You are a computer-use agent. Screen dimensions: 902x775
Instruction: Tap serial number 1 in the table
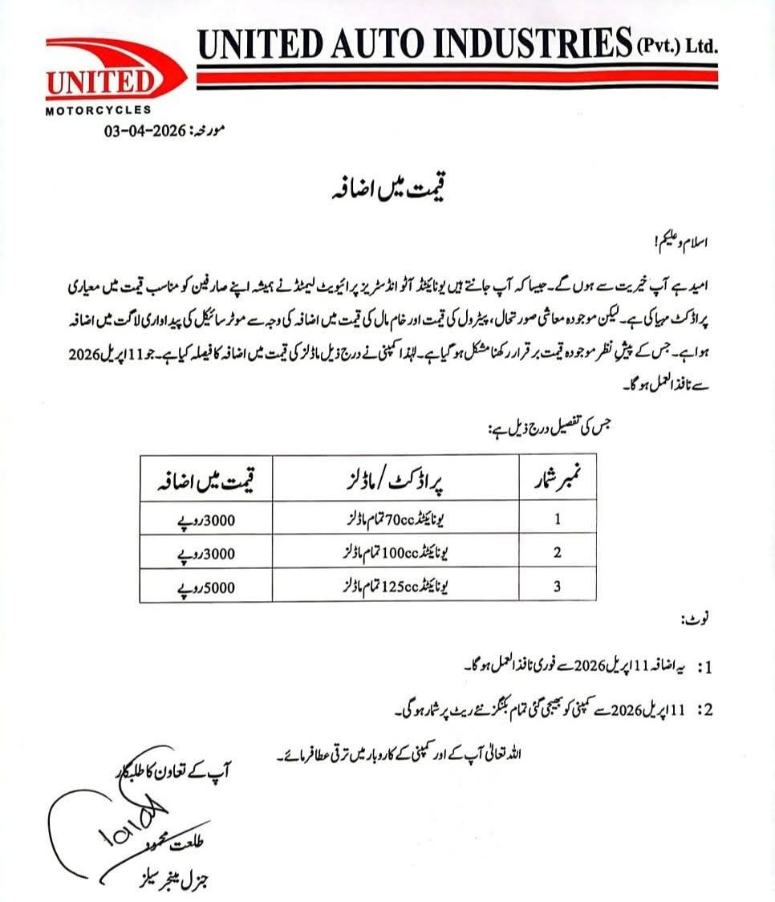[557, 520]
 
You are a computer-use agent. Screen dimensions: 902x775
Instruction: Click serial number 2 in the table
[557, 554]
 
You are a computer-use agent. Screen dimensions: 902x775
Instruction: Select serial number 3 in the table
[557, 587]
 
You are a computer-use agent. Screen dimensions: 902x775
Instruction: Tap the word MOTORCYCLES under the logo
[97, 110]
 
